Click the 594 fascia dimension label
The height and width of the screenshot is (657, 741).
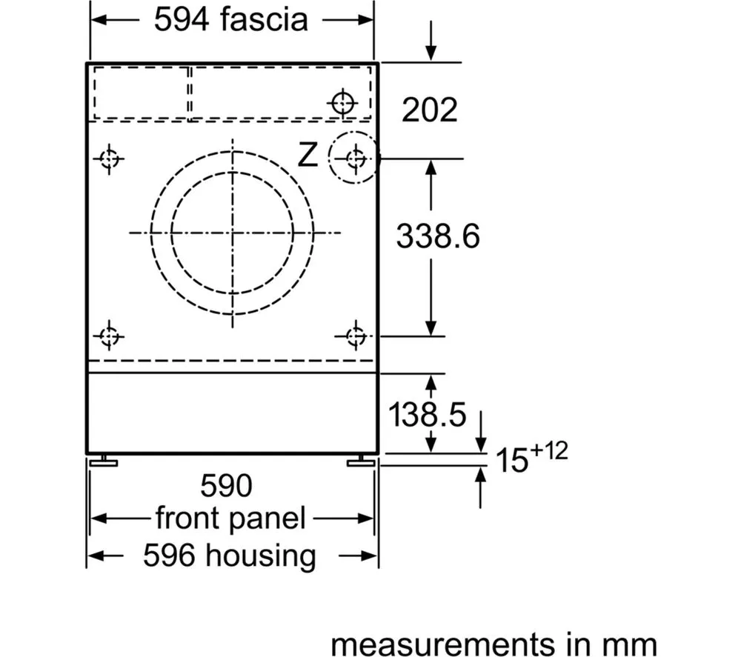click(x=230, y=20)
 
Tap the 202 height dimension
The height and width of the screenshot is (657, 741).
click(x=430, y=110)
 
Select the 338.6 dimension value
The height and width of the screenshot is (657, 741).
click(x=438, y=236)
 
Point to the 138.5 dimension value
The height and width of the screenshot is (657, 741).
click(x=427, y=414)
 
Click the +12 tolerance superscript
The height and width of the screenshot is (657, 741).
click(x=548, y=450)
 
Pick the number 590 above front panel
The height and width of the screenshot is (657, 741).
click(x=226, y=485)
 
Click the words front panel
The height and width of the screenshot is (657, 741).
click(x=230, y=518)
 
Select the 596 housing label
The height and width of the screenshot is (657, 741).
click(x=230, y=556)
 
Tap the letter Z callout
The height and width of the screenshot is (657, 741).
click(x=308, y=154)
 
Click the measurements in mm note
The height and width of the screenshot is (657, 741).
click(x=494, y=644)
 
